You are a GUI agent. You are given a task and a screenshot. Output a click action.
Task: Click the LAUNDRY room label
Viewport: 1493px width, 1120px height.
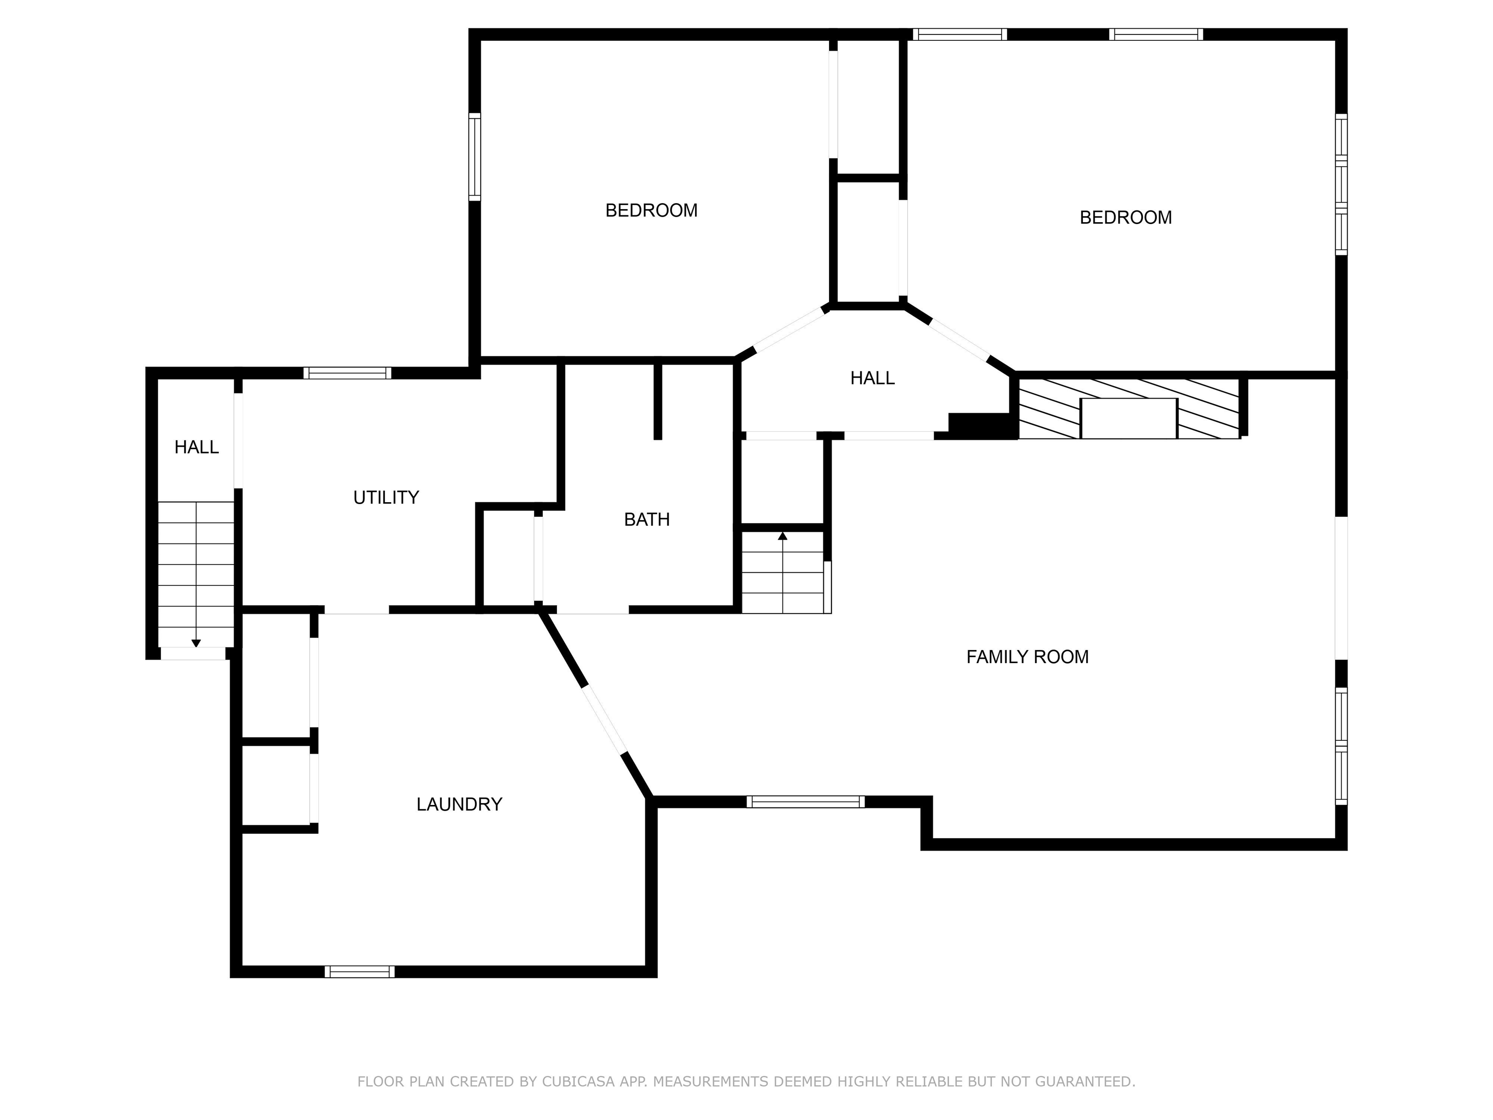coord(459,804)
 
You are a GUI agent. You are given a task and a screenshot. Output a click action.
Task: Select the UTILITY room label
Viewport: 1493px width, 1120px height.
coord(386,498)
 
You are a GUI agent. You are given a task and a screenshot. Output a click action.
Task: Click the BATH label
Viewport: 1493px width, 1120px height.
coord(646,519)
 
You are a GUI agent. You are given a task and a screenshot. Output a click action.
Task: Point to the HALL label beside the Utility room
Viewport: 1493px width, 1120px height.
coord(196,447)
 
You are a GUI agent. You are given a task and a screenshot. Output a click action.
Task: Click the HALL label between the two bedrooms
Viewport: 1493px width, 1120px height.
coord(872,378)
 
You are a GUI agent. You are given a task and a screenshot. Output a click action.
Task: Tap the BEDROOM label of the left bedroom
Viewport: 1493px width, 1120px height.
coord(651,210)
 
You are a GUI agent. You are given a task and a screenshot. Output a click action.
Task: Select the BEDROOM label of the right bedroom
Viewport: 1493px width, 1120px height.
coord(1125,217)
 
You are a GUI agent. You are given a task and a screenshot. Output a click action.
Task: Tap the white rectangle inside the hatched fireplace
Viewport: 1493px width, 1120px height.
coord(1128,418)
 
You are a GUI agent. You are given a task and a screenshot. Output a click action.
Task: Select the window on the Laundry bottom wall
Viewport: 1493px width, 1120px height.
coord(359,971)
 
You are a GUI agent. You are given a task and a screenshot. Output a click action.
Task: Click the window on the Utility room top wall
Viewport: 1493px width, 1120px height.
coord(347,373)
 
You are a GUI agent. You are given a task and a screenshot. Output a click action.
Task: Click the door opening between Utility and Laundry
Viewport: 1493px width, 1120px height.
coord(356,610)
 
